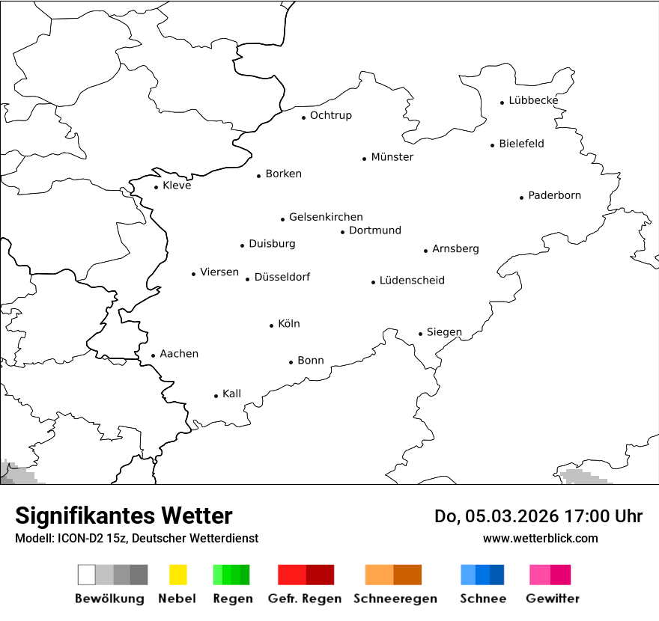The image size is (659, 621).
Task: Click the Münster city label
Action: pyautogui.click(x=392, y=157)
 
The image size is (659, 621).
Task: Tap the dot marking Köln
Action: pyautogui.click(x=272, y=325)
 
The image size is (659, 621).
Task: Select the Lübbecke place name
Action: pyautogui.click(x=533, y=100)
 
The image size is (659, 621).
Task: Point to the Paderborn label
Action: pyautogui.click(x=554, y=195)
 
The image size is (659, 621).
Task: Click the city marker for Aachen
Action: pyautogui.click(x=154, y=356)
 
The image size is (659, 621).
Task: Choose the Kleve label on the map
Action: pyautogui.click(x=177, y=186)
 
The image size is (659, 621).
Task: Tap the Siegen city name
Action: pyautogui.click(x=444, y=332)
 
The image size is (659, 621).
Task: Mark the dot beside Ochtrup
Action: pyautogui.click(x=304, y=117)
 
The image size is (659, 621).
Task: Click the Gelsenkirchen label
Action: pyautogui.click(x=326, y=217)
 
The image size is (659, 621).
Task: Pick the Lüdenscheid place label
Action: pyautogui.click(x=412, y=281)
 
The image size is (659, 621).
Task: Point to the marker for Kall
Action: pyautogui.click(x=216, y=396)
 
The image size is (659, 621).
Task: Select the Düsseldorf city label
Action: pyautogui.click(x=282, y=277)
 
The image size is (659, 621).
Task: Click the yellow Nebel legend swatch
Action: pyautogui.click(x=177, y=575)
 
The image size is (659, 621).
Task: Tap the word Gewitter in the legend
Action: pyautogui.click(x=552, y=599)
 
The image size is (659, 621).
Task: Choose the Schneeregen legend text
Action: pyautogui.click(x=395, y=599)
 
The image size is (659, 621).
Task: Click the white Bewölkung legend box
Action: pyautogui.click(x=87, y=575)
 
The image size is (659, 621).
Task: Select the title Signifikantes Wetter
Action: pyautogui.click(x=124, y=516)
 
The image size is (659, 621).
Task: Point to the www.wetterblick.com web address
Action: pyautogui.click(x=540, y=538)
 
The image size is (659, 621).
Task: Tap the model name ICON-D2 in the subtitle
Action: pyautogui.click(x=80, y=538)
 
